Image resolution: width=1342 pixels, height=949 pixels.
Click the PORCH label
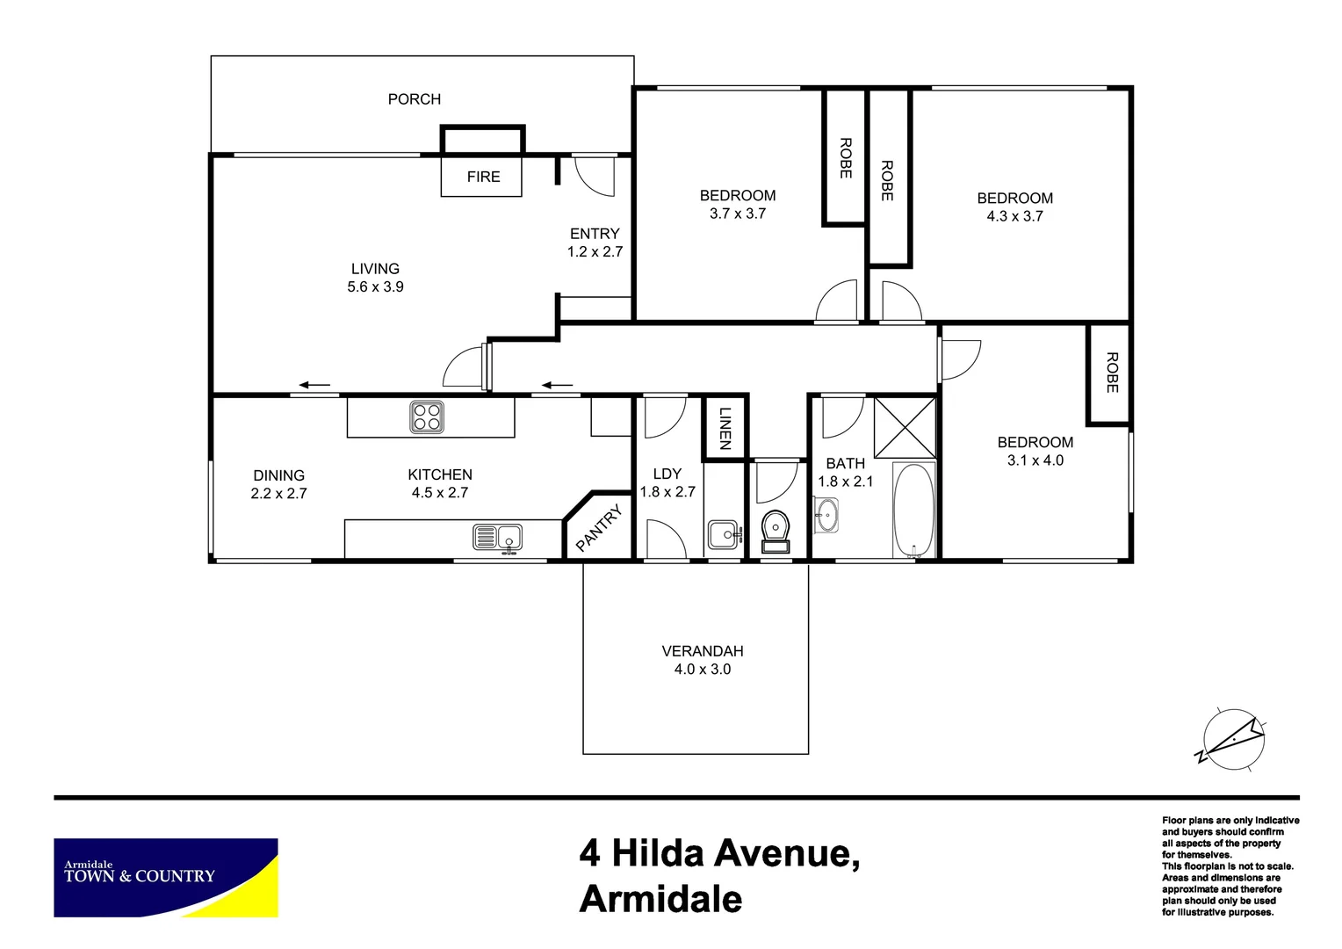(415, 99)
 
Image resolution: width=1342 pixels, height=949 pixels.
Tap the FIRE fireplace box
(482, 177)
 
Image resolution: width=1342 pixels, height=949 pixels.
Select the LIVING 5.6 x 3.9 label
(375, 278)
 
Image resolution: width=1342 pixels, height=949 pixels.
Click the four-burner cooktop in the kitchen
(427, 417)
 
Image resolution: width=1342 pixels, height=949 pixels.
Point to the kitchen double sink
(497, 537)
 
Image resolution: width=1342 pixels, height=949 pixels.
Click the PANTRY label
(599, 527)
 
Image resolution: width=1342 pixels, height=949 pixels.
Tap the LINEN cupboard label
(725, 428)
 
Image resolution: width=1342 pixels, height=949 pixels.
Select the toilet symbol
(776, 530)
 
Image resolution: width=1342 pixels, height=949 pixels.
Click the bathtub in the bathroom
(914, 510)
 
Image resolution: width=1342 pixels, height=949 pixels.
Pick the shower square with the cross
(905, 428)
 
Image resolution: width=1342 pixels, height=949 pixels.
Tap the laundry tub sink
(724, 534)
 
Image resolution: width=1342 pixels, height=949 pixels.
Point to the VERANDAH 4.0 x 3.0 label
(702, 660)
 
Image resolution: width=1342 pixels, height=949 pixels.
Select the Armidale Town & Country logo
(166, 877)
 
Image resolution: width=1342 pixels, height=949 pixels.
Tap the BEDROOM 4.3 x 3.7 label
(1014, 207)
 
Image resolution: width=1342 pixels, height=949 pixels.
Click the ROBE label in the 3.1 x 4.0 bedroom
(1111, 373)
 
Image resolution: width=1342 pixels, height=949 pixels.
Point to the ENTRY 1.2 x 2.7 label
(595, 243)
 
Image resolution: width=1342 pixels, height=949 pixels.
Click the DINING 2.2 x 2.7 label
(278, 484)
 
